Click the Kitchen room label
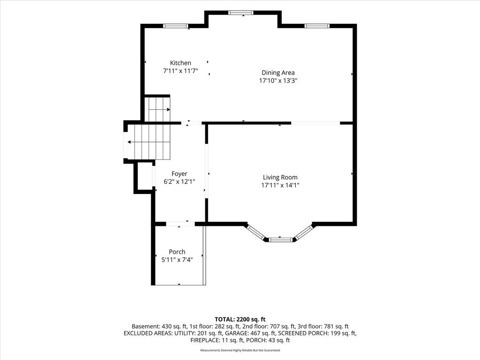pyautogui.click(x=180, y=63)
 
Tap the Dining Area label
pyautogui.click(x=278, y=73)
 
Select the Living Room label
pyautogui.click(x=280, y=177)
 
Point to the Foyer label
pyautogui.click(x=180, y=174)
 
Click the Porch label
pyautogui.click(x=177, y=252)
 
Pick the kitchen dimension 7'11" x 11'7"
pyautogui.click(x=180, y=71)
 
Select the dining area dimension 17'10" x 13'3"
pyautogui.click(x=278, y=81)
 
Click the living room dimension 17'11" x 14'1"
pyautogui.click(x=280, y=185)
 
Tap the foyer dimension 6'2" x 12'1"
pyautogui.click(x=180, y=182)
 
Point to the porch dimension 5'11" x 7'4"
pyautogui.click(x=177, y=260)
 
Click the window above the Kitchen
pyautogui.click(x=175, y=26)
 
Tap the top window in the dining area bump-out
pyautogui.click(x=241, y=13)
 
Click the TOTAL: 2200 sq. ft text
pyautogui.click(x=240, y=320)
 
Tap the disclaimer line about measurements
pyautogui.click(x=240, y=350)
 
